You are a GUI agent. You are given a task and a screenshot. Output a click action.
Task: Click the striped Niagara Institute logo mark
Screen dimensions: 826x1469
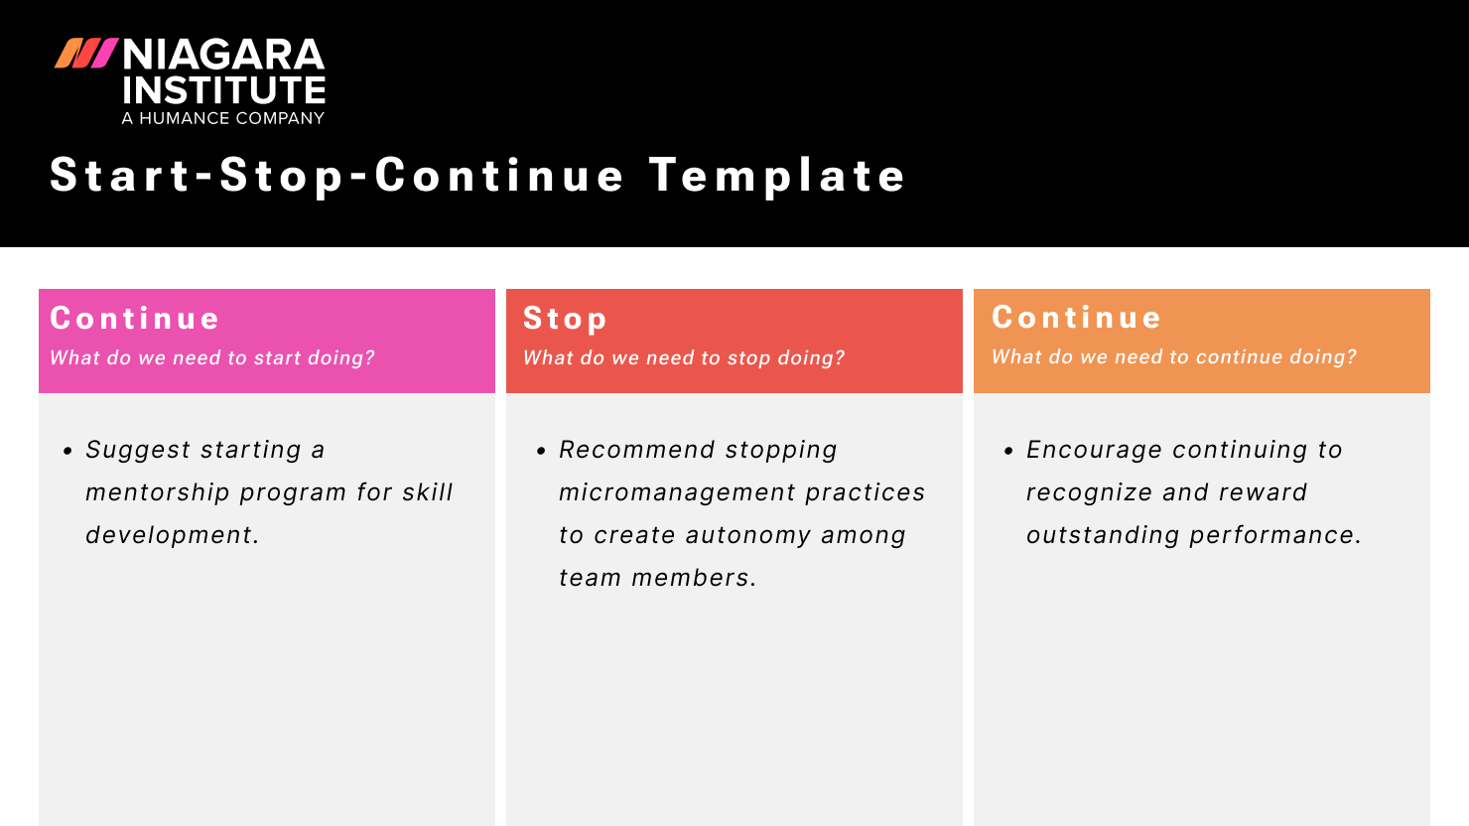coord(86,54)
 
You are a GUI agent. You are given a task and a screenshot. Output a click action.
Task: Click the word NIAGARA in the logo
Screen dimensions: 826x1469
coord(223,55)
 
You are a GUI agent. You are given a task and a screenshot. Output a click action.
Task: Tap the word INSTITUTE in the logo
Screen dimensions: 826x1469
coord(223,91)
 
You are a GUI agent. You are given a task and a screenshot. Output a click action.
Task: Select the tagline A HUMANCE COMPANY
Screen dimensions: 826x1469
coord(223,118)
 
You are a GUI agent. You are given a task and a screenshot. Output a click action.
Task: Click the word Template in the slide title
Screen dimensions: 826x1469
coord(777,176)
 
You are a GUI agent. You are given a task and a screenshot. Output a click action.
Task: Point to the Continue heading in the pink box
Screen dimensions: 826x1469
coord(135,319)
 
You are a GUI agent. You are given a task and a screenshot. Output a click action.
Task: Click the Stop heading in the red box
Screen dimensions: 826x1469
coord(565,319)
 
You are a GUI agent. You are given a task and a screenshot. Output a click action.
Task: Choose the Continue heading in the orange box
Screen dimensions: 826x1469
coord(1077,318)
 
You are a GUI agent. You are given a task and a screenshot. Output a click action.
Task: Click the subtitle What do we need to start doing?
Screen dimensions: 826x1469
coord(212,358)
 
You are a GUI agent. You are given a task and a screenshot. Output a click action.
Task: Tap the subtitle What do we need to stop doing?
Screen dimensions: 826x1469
coord(684,358)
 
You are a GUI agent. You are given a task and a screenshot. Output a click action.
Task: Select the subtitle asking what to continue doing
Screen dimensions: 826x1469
coord(1174,357)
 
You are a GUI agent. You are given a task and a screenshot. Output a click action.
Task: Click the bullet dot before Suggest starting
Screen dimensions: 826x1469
coord(67,451)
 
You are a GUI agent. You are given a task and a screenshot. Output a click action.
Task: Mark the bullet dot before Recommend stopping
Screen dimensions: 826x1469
coord(541,451)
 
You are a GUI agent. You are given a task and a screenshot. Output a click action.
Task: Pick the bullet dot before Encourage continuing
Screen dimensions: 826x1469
coord(1008,451)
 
